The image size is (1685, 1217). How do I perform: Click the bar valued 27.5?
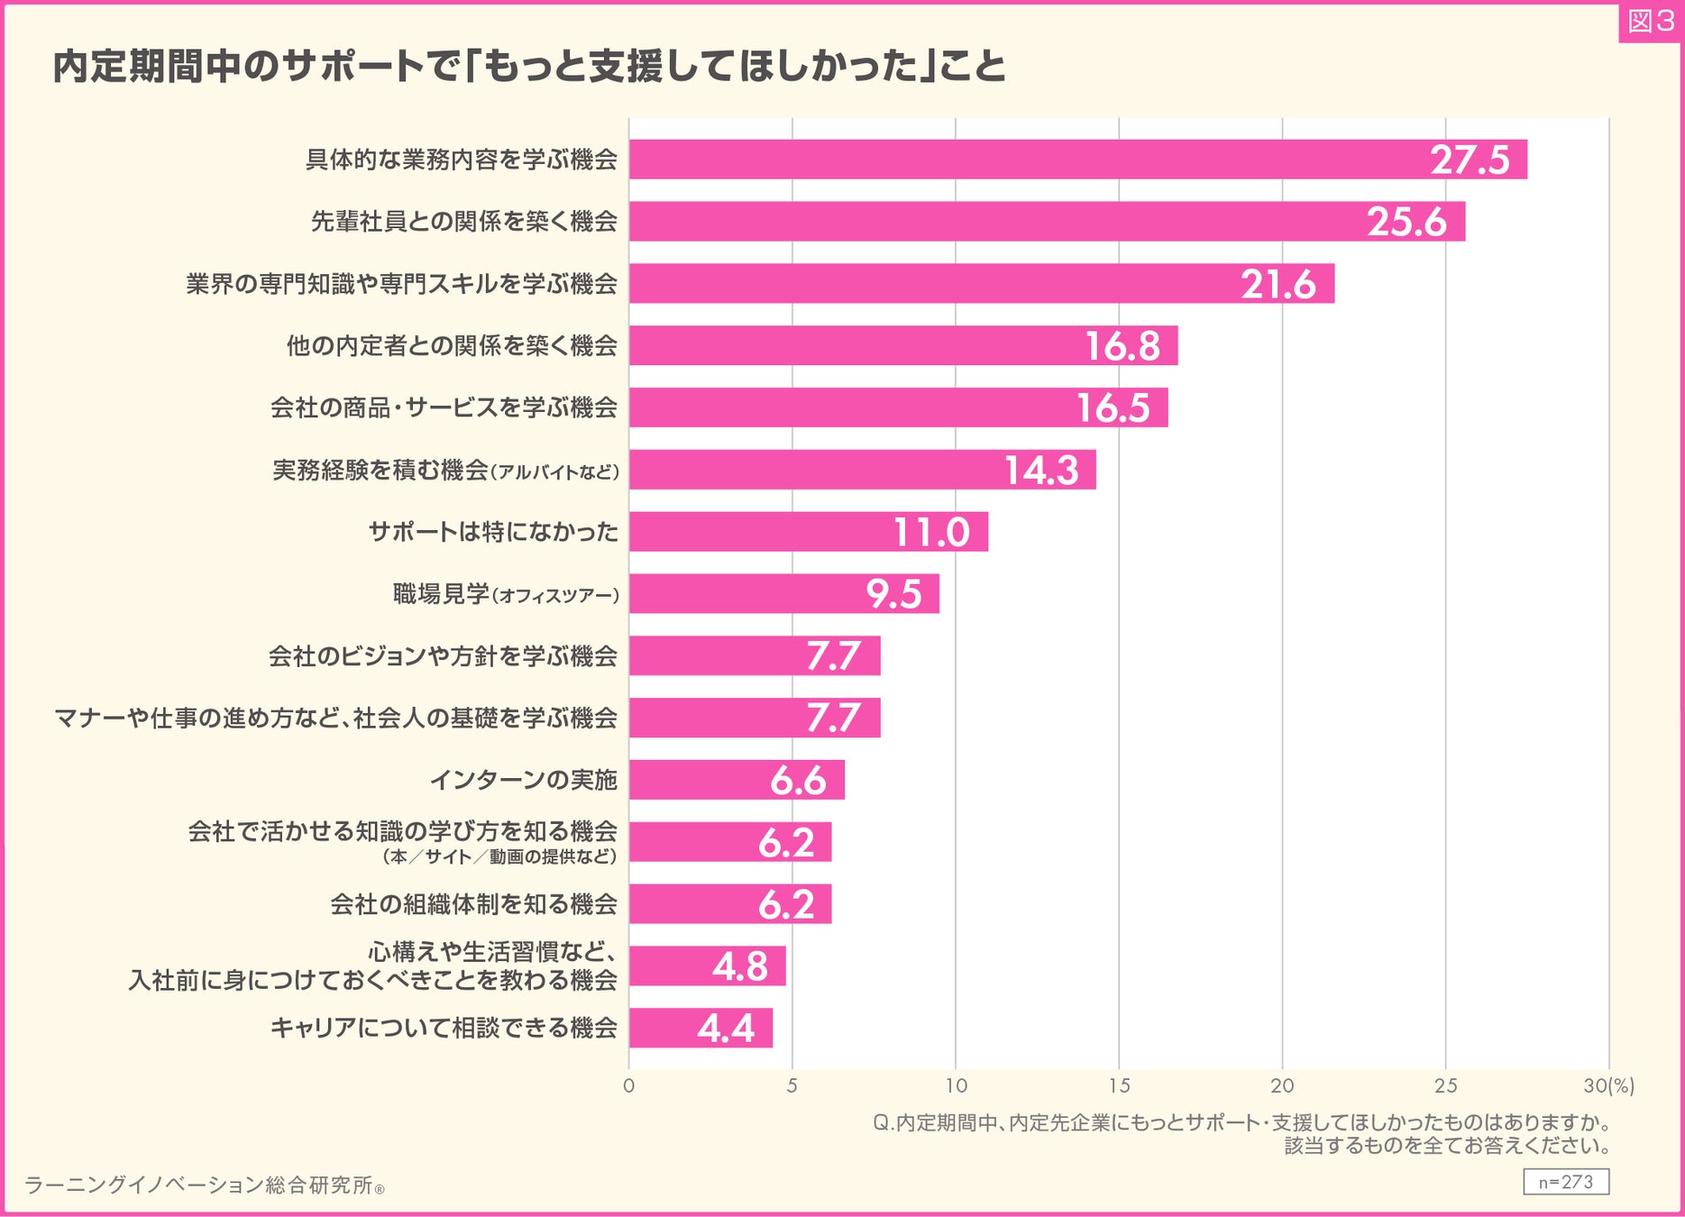coord(1077,160)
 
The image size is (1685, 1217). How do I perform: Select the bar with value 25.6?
coord(1046,222)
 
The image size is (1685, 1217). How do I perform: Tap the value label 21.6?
coord(1277,285)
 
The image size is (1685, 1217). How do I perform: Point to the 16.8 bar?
coord(902,346)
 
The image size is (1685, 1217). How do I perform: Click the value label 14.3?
coord(1041,471)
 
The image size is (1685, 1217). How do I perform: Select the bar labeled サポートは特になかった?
coord(808,532)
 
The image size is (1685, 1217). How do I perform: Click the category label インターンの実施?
coord(523,780)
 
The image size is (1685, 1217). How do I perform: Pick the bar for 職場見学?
coord(783,594)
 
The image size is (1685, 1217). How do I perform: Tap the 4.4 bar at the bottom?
coord(701,1029)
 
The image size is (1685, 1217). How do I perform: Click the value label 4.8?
coord(739,967)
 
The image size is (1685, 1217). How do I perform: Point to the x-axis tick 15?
coord(1119,1086)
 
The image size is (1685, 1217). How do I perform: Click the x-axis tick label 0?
coord(629,1086)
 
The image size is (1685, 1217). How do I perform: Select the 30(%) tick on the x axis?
coord(1608,1086)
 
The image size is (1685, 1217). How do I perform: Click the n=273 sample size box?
coord(1565,1182)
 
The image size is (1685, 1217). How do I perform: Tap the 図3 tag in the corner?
coord(1650,22)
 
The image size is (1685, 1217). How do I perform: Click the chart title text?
coord(529,67)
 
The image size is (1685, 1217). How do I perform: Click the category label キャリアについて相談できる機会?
coord(444,1029)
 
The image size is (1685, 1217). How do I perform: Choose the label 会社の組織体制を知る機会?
coord(473,904)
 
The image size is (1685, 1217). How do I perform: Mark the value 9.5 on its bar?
coord(893,594)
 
